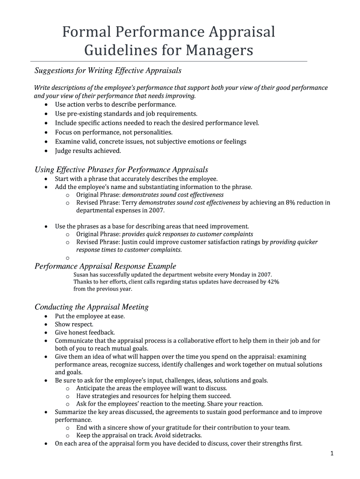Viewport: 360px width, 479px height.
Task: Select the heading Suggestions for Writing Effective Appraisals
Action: coord(108,71)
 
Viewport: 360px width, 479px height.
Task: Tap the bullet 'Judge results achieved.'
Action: coord(88,151)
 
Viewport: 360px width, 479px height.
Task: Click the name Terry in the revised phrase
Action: coord(130,203)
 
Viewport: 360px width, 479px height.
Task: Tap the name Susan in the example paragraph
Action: coord(81,275)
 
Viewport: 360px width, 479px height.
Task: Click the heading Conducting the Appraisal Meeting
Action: coord(92,307)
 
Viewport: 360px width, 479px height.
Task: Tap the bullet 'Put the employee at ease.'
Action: coord(90,316)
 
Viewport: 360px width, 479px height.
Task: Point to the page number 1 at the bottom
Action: coord(331,453)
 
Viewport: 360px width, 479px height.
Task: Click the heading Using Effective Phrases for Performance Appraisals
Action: coord(122,169)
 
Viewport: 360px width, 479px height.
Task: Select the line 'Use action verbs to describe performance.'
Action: coord(115,104)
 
